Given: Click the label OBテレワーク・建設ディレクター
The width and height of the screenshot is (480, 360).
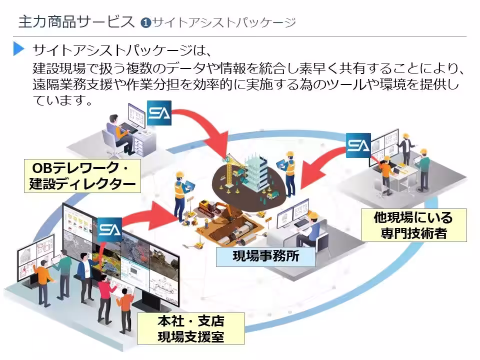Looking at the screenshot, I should click(81, 176).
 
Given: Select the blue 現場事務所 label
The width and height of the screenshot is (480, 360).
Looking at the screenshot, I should click(265, 257).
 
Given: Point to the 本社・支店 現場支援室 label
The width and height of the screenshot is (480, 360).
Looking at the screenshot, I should click(190, 328).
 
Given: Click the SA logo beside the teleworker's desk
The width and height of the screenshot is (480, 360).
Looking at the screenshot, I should click(159, 113).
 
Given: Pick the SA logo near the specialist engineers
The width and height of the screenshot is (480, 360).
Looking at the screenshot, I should click(358, 145).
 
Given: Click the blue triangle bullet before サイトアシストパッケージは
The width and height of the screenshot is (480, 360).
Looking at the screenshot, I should click(19, 49).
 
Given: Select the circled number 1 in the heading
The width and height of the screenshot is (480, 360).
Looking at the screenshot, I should click(145, 22).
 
